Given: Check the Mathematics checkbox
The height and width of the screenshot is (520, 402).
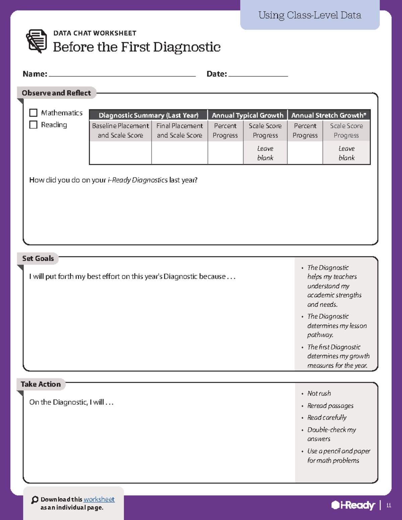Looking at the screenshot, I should click(x=33, y=113).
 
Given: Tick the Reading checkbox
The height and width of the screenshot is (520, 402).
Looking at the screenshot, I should click(x=33, y=125).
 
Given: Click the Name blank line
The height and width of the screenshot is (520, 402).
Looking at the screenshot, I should click(x=122, y=74).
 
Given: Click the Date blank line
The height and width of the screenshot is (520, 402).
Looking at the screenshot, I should click(x=258, y=74).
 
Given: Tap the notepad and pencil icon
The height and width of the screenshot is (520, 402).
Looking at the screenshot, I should click(x=37, y=41).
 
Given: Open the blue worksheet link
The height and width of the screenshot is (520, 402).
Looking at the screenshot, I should click(x=99, y=499).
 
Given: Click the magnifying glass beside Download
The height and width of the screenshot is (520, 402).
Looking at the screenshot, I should click(x=35, y=500).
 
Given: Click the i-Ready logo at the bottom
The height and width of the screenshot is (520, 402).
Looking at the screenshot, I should click(x=353, y=505).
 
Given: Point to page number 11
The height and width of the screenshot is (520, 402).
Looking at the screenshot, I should click(x=389, y=505).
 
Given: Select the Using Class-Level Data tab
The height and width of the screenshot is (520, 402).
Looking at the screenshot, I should click(x=310, y=15).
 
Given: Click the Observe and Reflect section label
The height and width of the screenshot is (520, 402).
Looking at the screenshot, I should click(x=56, y=93).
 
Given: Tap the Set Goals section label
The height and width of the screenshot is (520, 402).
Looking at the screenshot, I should click(x=38, y=258).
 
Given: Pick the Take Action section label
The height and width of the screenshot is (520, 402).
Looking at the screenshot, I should click(x=41, y=384).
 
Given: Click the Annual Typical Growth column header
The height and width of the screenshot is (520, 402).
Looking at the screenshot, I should click(x=248, y=115).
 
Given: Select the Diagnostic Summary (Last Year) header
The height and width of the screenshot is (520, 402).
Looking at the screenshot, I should click(x=148, y=115).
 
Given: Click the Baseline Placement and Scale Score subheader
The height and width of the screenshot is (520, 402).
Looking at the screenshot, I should click(x=120, y=131).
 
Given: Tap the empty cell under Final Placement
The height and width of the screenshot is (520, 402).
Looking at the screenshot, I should click(x=180, y=153).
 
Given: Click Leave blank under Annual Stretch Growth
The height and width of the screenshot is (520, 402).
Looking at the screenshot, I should click(x=346, y=153).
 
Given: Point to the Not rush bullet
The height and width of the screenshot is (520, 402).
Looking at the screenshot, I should click(x=319, y=393).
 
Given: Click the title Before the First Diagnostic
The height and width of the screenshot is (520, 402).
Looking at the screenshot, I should click(x=137, y=47).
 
